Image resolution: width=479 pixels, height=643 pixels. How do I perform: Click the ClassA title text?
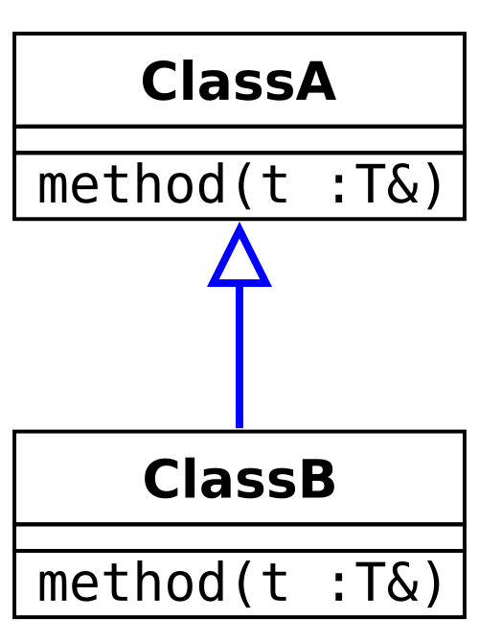tap(239, 81)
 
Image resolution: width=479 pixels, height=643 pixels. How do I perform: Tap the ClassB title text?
tap(239, 479)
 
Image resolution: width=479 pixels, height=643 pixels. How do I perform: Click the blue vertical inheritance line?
tap(239, 357)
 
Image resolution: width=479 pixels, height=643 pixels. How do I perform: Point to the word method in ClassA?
tap(131, 182)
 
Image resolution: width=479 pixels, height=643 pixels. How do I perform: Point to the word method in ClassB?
tap(131, 581)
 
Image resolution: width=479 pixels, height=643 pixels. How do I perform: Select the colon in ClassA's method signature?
tap(338, 189)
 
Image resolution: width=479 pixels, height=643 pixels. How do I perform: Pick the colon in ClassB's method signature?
tap(338, 587)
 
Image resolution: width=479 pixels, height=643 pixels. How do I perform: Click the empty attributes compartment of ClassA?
tap(239, 140)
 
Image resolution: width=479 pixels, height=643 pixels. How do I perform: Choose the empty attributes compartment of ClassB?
tap(239, 538)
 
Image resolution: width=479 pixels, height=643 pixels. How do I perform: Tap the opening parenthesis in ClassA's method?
tap(244, 185)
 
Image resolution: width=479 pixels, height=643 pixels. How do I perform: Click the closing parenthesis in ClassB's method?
tap(434, 583)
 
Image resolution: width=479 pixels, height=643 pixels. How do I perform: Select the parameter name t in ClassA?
tap(273, 185)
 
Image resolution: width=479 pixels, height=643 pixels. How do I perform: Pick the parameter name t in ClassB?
tap(273, 583)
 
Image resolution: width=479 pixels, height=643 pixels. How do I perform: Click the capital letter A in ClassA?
tap(315, 81)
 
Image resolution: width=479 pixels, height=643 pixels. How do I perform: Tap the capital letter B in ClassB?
tap(316, 479)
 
